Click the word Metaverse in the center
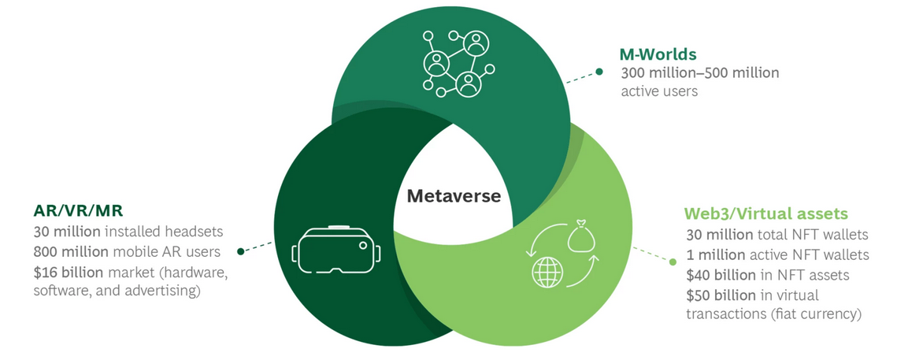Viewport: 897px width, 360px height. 453,195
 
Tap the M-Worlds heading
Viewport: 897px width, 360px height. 658,54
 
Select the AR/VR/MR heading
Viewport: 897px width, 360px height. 77,212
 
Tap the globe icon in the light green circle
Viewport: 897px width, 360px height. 547,272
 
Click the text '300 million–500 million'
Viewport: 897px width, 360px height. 699,73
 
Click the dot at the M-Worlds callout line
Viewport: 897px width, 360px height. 599,72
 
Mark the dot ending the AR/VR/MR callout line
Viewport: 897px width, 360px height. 240,252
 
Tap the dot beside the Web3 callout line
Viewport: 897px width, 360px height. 672,262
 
